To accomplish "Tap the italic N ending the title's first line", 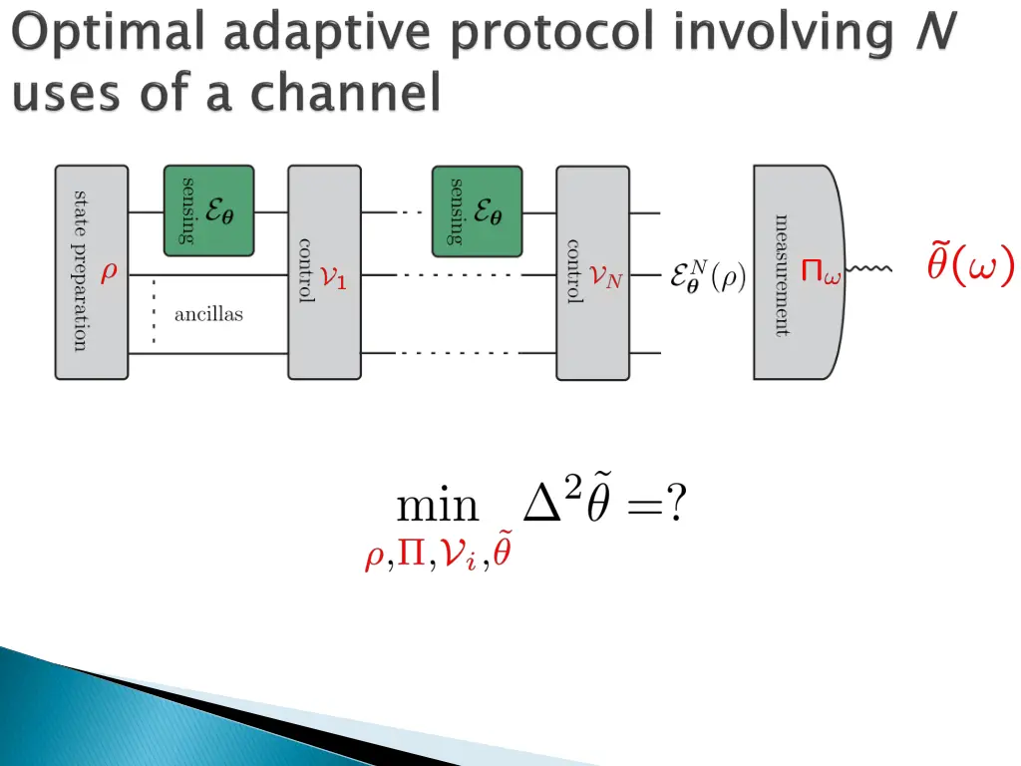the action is (x=935, y=31).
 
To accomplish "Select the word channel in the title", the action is (x=346, y=92).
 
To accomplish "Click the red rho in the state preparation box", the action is (x=109, y=270).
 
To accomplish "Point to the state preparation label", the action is (x=79, y=271).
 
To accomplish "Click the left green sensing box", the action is (x=208, y=211).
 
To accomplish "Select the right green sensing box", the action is (x=477, y=211).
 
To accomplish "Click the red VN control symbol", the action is (x=605, y=277).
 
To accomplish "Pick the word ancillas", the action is (x=208, y=314).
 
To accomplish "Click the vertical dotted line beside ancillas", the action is (x=154, y=311).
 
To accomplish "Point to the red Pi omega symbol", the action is (x=821, y=271).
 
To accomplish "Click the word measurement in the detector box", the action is (x=782, y=275).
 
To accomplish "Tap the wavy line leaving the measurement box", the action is (x=868, y=268).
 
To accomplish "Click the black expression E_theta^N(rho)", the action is (x=709, y=277).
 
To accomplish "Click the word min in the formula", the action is (x=438, y=506).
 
